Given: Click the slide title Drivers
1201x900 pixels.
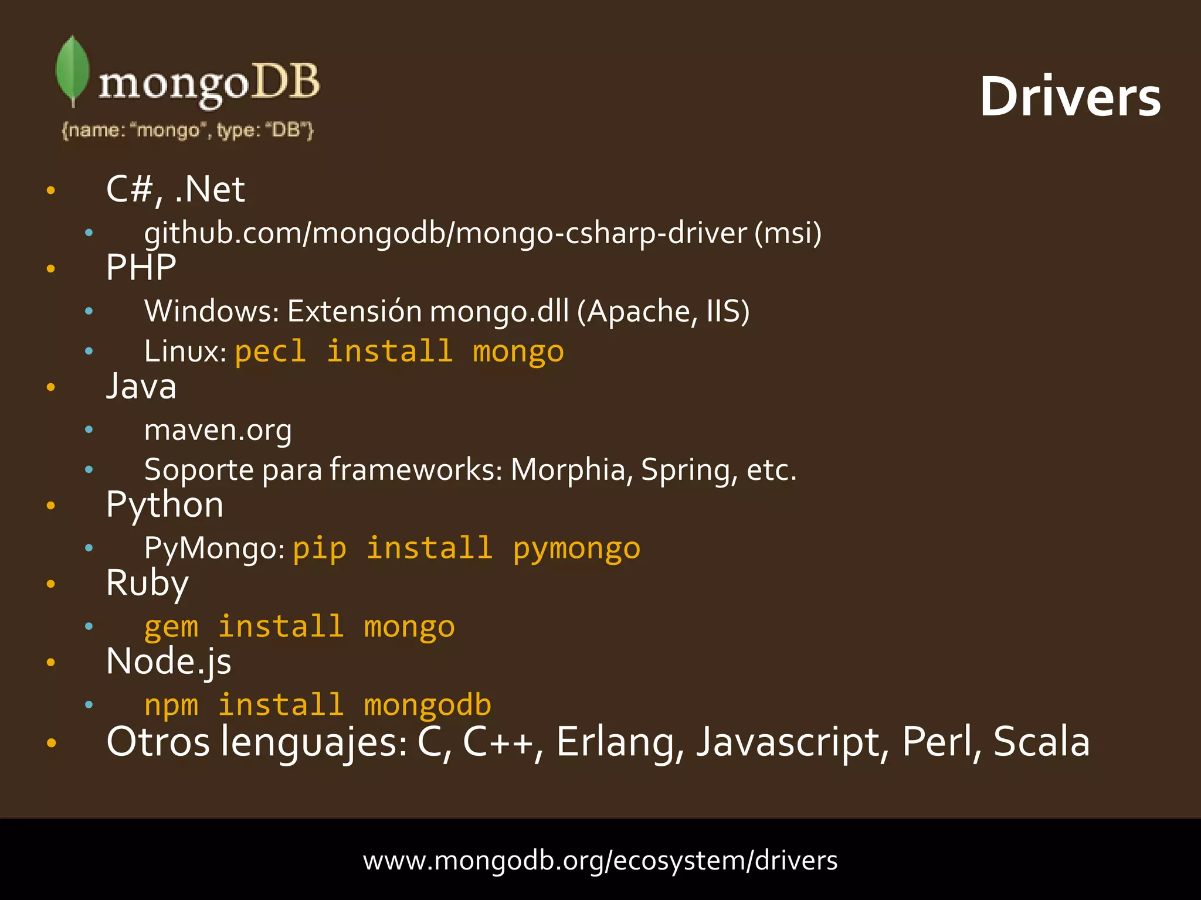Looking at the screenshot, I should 1070,97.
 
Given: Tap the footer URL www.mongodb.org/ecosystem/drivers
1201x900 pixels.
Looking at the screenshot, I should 600,860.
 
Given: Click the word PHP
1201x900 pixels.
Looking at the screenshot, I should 141,268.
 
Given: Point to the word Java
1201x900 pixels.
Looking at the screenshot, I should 141,386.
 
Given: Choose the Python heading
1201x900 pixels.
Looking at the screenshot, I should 165,504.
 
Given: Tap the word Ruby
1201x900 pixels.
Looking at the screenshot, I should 147,583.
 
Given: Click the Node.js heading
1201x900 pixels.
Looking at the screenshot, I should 168,662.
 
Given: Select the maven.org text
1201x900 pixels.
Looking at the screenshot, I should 218,430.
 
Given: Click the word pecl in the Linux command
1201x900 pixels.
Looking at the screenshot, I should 270,352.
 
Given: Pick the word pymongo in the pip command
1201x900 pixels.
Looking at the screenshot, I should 576,548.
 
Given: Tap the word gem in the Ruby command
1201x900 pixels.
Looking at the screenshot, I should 171,627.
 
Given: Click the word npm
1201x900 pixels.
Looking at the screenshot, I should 171,705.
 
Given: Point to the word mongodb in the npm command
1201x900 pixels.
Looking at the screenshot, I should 428,705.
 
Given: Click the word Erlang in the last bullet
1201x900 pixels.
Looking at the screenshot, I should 619,742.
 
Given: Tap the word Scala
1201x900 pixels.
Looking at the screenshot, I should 1041,742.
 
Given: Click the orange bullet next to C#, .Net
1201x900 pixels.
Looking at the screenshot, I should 51,190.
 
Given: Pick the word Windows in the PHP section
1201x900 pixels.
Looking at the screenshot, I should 211,311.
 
